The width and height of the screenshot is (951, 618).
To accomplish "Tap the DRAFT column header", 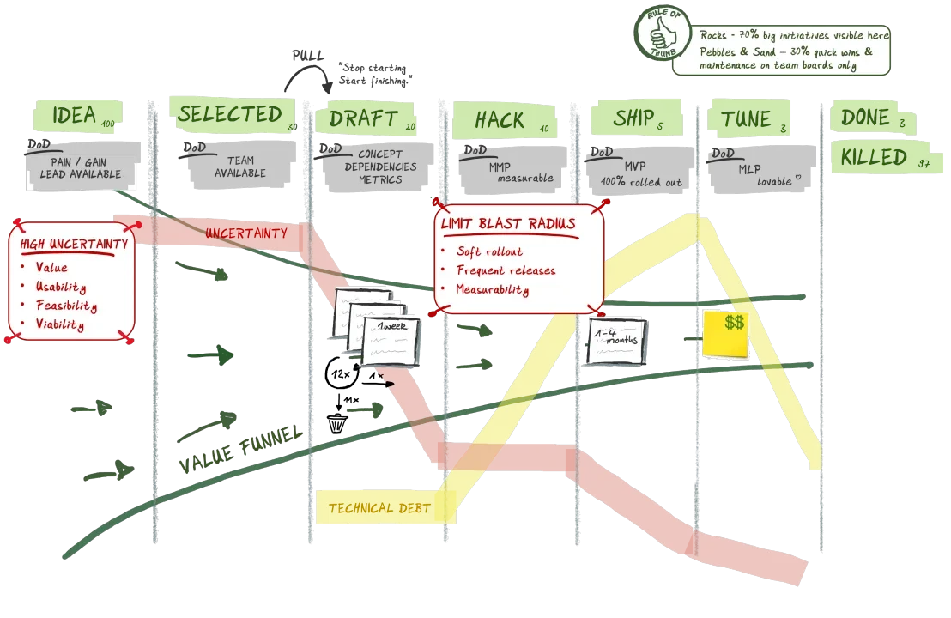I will click(x=365, y=118).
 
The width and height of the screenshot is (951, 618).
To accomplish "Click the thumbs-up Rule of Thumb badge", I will click(x=661, y=34).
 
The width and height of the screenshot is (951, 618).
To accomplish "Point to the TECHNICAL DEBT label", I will click(x=379, y=508).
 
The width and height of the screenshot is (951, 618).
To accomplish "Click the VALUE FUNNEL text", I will click(x=239, y=449).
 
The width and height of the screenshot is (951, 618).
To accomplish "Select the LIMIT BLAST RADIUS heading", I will click(x=508, y=224).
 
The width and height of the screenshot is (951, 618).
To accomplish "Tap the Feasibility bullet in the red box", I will click(x=66, y=306).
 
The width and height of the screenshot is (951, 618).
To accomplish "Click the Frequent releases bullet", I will click(x=505, y=270).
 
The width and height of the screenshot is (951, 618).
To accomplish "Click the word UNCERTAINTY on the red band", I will click(x=245, y=233).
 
